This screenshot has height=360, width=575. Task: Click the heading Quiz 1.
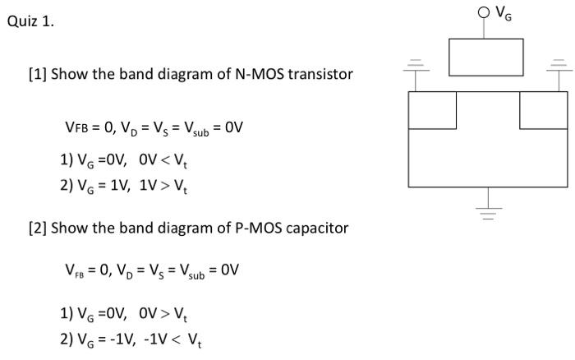pos(30,22)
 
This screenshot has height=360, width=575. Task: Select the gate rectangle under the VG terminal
pos(485,56)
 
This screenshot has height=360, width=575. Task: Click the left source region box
pos(432,110)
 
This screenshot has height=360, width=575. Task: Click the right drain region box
pos(543,110)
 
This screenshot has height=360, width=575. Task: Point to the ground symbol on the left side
pos(418,67)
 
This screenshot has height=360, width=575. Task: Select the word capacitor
pos(308,228)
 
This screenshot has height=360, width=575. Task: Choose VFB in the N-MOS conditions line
pos(79,128)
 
